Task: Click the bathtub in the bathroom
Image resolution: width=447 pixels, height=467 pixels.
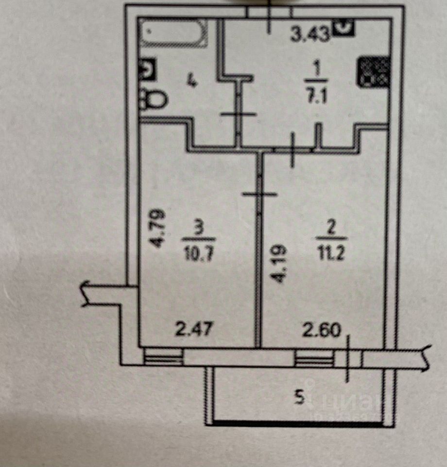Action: (x=173, y=33)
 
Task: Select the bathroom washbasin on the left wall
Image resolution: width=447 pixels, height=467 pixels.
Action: (x=147, y=70)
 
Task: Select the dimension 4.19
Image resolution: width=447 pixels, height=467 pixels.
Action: (x=279, y=265)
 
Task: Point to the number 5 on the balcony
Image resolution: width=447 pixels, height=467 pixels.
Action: (x=300, y=399)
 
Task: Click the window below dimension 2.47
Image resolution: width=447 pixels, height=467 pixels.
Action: (x=164, y=359)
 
